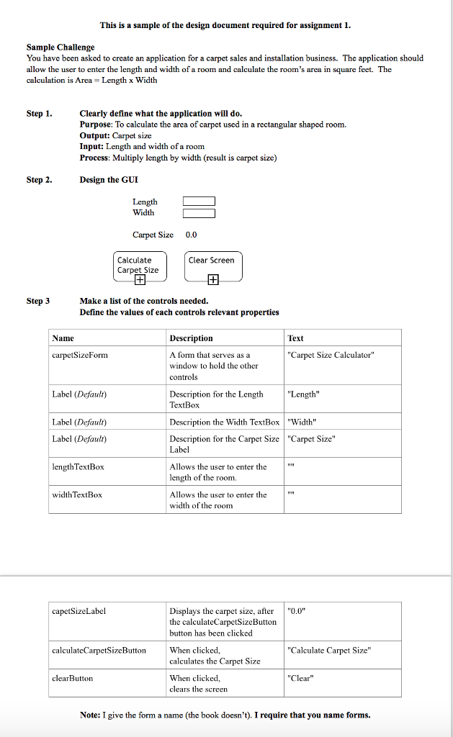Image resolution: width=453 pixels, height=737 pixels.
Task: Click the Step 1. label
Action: pos(39,114)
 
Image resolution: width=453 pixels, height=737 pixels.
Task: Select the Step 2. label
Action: pos(39,180)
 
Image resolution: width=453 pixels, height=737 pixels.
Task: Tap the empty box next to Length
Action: pos(199,202)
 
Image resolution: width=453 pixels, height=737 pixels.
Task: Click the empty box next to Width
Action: pos(199,213)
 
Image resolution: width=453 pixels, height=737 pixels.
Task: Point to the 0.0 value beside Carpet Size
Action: pos(191,235)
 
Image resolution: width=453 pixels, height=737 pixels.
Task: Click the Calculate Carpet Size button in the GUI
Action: pos(140,266)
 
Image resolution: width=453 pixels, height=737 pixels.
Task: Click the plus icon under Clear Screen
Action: pos(213,280)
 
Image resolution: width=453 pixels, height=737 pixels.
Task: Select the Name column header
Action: pos(63,338)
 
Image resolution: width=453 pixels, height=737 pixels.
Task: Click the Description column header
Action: pos(191,338)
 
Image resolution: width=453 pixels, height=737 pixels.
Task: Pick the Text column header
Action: pos(295,338)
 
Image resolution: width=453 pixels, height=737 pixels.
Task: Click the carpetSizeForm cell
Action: pos(80,355)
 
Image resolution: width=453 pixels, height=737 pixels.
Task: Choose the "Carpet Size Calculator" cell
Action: pos(331,355)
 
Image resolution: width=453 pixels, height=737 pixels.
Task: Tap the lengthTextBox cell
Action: pos(78,467)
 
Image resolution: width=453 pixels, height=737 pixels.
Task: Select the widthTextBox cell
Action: pos(77,495)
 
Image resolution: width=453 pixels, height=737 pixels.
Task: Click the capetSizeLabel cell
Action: pos(79,611)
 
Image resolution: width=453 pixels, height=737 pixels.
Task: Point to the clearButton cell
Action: pos(73,678)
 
